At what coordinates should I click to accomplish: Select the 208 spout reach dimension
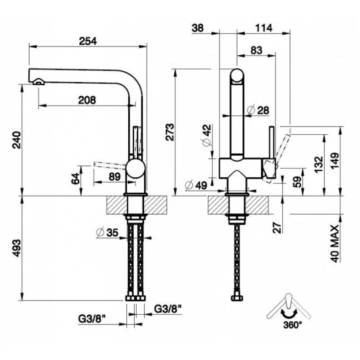86,100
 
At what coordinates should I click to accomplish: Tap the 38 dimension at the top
198,27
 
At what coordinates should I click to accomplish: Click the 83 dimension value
256,49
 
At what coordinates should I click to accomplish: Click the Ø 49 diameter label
196,185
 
